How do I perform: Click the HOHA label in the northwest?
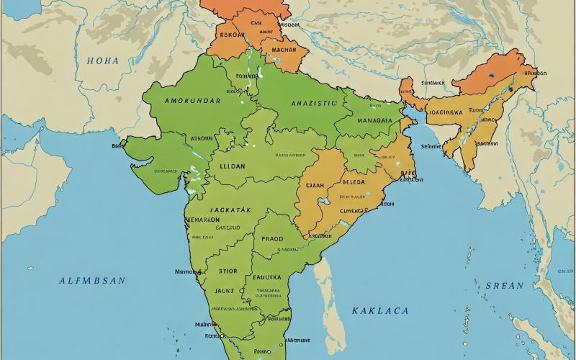point(103,61)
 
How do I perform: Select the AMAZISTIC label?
point(314,104)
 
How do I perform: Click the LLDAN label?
point(232,165)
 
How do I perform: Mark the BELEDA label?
point(353,183)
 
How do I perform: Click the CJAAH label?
point(316,184)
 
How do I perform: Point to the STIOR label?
point(228,272)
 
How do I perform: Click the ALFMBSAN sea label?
point(92,281)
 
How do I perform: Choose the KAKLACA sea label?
point(380,310)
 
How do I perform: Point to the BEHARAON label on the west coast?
point(203,220)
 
